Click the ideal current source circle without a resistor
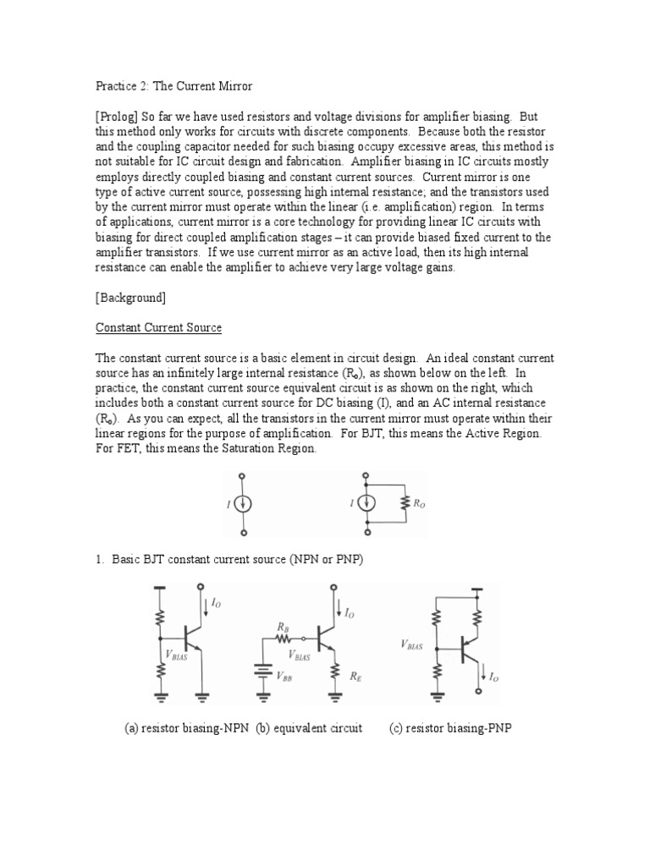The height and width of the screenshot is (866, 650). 243,504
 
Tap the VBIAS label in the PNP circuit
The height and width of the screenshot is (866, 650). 411,644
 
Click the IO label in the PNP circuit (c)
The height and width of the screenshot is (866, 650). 495,676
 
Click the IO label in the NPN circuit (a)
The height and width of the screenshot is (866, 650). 216,603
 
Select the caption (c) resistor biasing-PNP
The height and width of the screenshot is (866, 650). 450,728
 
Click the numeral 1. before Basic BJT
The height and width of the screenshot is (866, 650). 99,561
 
